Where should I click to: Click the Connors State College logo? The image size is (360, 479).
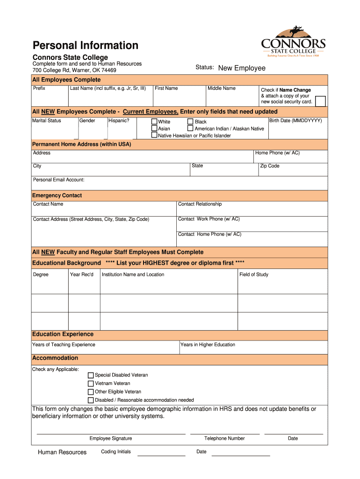pos(293,42)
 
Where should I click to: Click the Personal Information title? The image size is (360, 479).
pos(85,45)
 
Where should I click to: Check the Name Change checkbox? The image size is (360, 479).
pos(320,101)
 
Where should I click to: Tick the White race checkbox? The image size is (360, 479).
pos(154,122)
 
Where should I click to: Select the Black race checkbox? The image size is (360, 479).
pos(190,122)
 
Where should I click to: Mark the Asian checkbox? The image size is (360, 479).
pos(154,128)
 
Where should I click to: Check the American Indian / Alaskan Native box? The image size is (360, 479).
pos(190,128)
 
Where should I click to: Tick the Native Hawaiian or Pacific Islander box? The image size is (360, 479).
pos(154,135)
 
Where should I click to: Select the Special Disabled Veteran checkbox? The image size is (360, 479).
pos(91,375)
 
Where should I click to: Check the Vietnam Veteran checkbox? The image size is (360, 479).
pos(91,384)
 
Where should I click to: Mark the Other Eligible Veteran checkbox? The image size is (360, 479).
pos(91,392)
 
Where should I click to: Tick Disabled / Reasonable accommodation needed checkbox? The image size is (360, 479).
pos(91,400)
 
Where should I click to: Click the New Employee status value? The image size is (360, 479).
pos(242,68)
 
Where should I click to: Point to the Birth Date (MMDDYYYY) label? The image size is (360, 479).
pos(295,121)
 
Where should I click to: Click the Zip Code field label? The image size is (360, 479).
pos(270,166)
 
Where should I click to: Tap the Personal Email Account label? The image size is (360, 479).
pos(58,180)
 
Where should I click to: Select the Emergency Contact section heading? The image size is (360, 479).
pos(57,196)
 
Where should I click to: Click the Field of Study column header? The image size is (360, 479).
pos(254,275)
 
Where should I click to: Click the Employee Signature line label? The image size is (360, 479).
pos(111,439)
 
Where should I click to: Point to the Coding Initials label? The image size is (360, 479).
pos(116,452)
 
